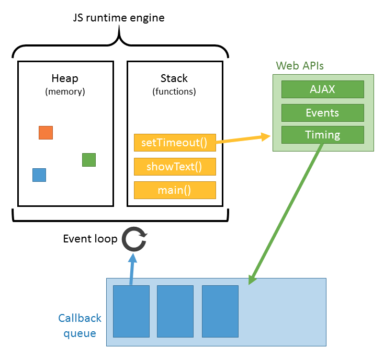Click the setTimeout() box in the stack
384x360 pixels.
pos(175,143)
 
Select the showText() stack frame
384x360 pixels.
pos(175,167)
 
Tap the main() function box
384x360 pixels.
pos(175,190)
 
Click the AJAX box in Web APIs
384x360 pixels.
pos(323,89)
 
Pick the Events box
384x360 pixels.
pos(323,113)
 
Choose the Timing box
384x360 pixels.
pos(323,135)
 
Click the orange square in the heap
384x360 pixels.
pos(46,133)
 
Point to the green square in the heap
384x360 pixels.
pos(89,160)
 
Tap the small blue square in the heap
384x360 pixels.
pos(39,175)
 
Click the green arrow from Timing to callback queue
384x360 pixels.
pos(286,214)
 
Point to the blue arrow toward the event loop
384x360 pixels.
pos(132,269)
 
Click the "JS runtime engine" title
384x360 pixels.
pos(119,18)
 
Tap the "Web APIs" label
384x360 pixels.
pos(300,66)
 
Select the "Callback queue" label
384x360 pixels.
pos(80,326)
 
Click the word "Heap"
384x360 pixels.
pos(65,78)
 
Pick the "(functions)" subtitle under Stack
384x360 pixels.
pos(174,91)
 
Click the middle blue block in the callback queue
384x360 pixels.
pos(175,311)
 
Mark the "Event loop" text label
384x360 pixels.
pos(91,239)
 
